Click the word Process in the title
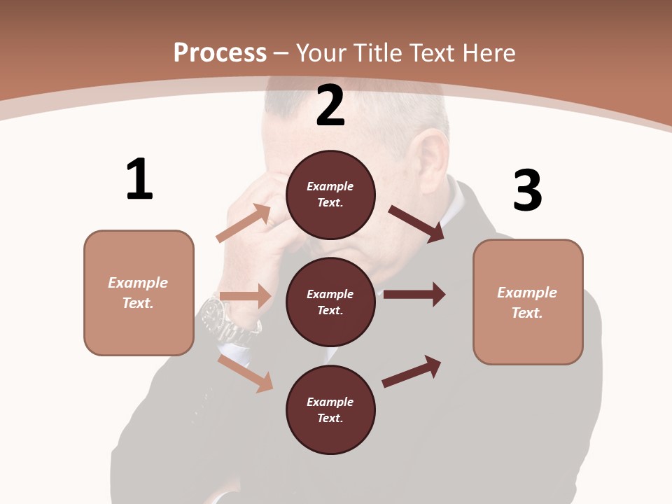(x=220, y=52)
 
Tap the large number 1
(x=139, y=179)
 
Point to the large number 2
(x=330, y=106)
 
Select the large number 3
(x=527, y=190)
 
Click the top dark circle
(x=330, y=195)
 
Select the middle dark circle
(x=330, y=302)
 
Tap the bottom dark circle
(x=330, y=409)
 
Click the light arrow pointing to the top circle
(x=244, y=223)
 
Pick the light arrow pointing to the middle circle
(x=245, y=296)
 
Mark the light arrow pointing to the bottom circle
(x=245, y=373)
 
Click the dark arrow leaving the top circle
(x=416, y=224)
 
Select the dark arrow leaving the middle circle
(x=414, y=294)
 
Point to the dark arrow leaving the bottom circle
(x=412, y=371)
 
